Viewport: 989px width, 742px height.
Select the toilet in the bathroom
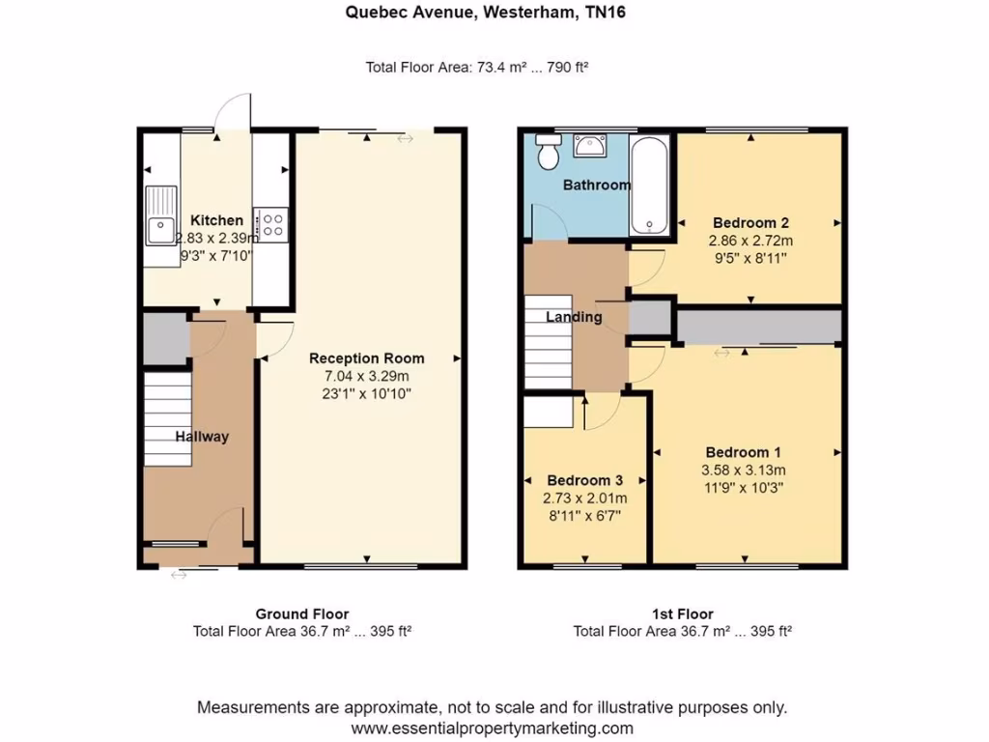click(549, 151)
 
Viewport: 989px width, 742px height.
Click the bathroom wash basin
click(589, 145)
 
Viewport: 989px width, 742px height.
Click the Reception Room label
click(366, 358)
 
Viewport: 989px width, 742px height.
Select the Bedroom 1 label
click(743, 452)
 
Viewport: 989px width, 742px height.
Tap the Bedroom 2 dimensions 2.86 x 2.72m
click(750, 241)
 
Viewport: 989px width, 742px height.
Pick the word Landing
click(574, 317)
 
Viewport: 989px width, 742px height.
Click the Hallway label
click(202, 437)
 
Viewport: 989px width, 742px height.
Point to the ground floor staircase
click(168, 419)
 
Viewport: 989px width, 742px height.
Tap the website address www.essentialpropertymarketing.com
click(492, 728)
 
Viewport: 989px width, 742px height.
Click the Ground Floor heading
click(301, 614)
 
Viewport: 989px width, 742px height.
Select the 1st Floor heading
click(682, 614)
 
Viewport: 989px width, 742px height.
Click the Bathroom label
click(596, 185)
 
